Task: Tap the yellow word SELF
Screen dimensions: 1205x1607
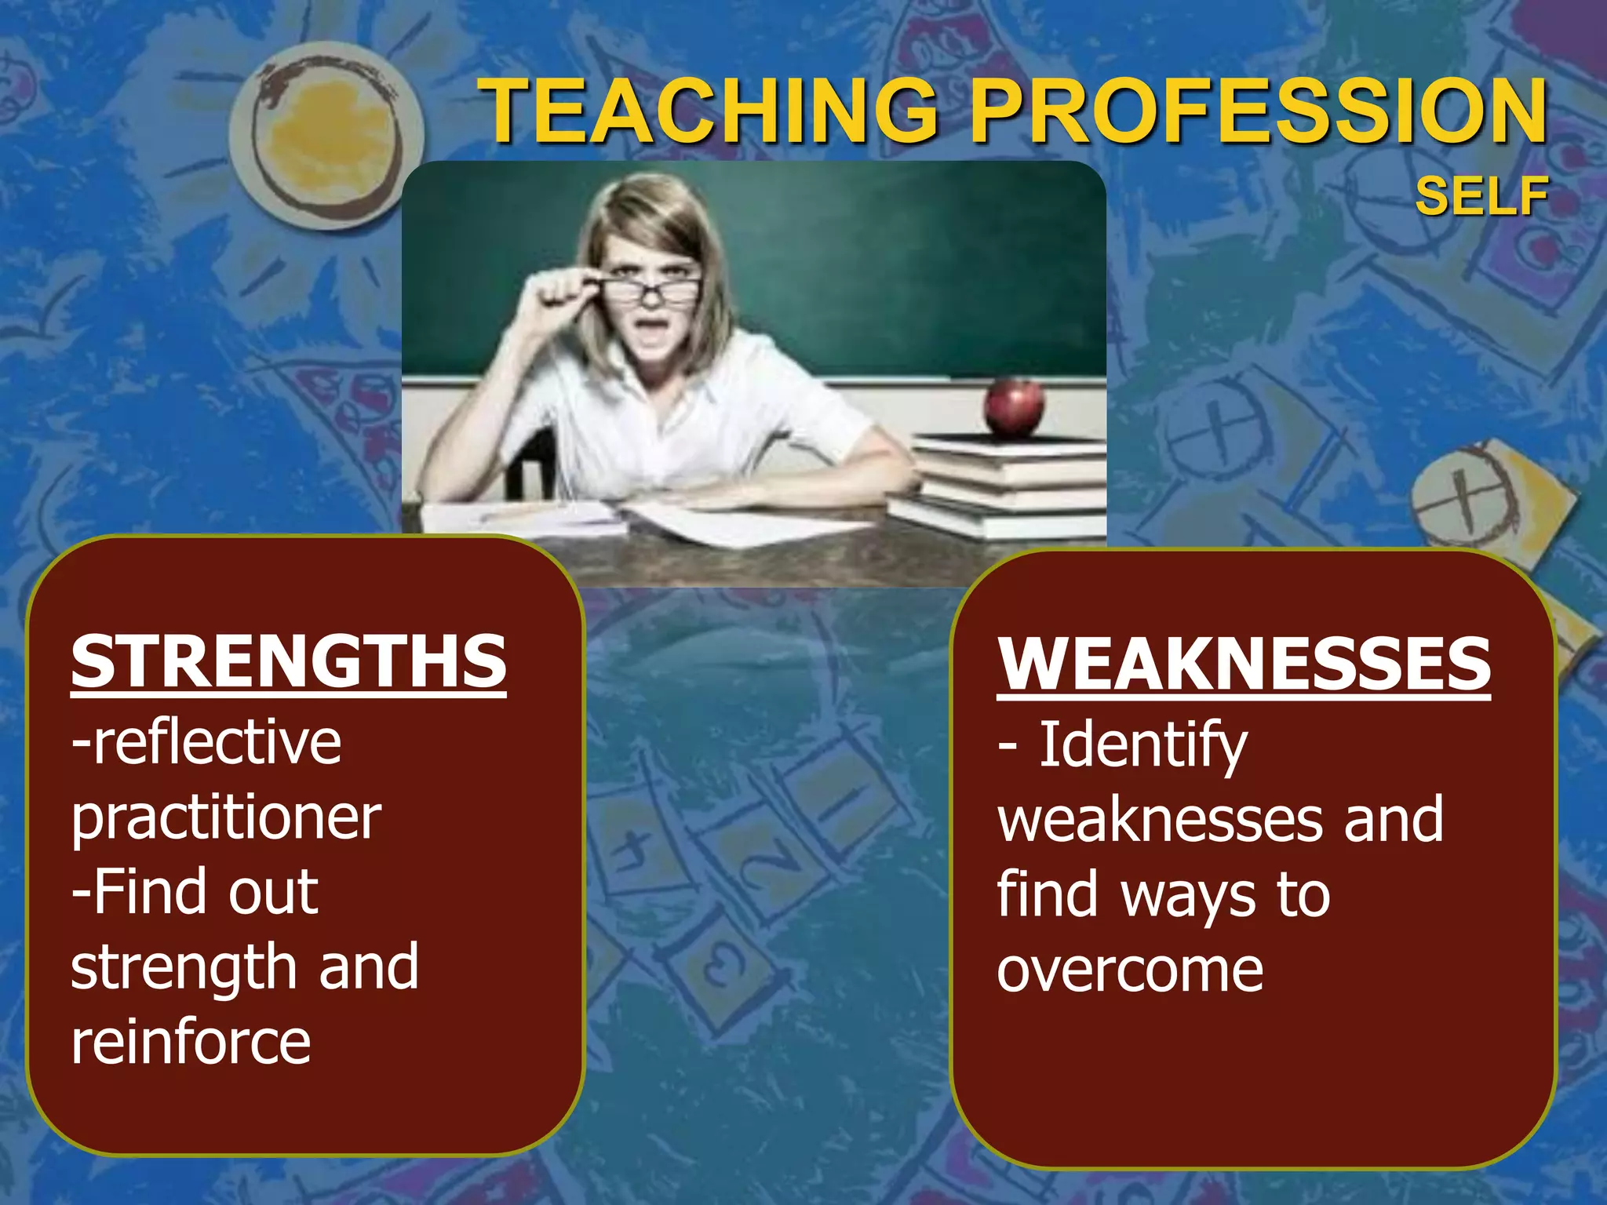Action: pyautogui.click(x=1481, y=196)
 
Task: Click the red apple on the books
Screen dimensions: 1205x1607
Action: pyautogui.click(x=1015, y=406)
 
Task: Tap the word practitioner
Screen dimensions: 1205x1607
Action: pyautogui.click(x=226, y=818)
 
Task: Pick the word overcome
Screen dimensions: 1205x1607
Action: pyautogui.click(x=1130, y=970)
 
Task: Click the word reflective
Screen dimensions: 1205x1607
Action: pyautogui.click(x=216, y=741)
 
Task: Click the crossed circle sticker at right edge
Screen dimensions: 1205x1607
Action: pyautogui.click(x=1461, y=498)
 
